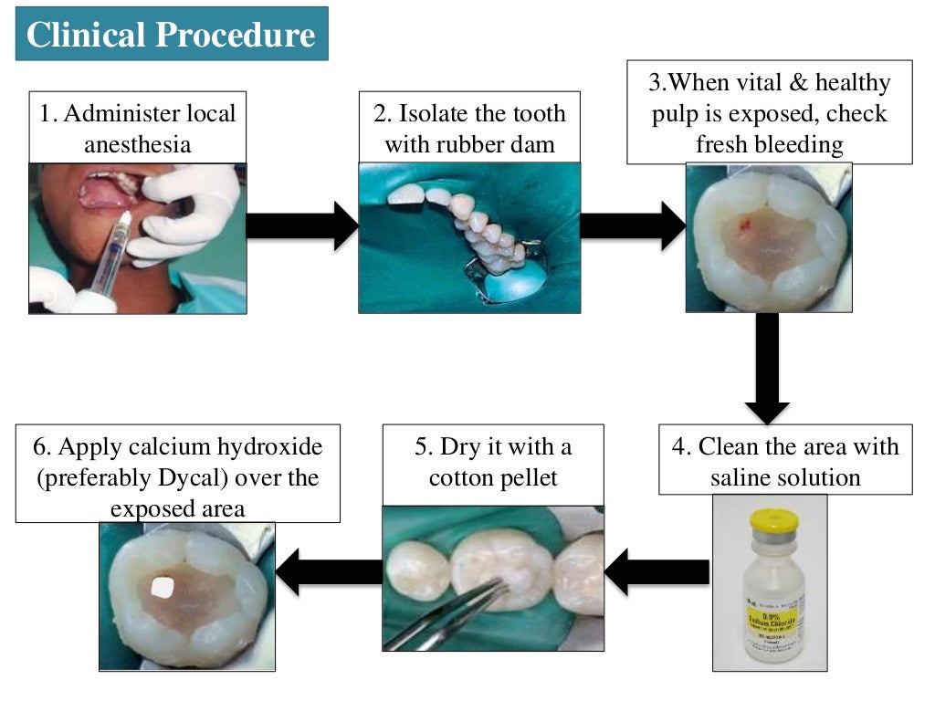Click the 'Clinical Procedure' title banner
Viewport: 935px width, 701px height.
pyautogui.click(x=171, y=35)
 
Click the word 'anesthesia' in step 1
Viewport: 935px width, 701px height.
pyautogui.click(x=137, y=144)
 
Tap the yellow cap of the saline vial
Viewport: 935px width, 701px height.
pyautogui.click(x=773, y=523)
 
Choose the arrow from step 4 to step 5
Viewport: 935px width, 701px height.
pyautogui.click(x=657, y=572)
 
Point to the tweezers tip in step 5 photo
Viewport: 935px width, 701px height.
pyautogui.click(x=501, y=586)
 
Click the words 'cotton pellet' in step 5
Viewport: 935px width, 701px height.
pyautogui.click(x=493, y=477)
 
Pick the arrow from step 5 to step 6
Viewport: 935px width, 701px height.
pyautogui.click(x=328, y=572)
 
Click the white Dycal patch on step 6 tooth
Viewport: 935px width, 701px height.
pyautogui.click(x=161, y=589)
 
